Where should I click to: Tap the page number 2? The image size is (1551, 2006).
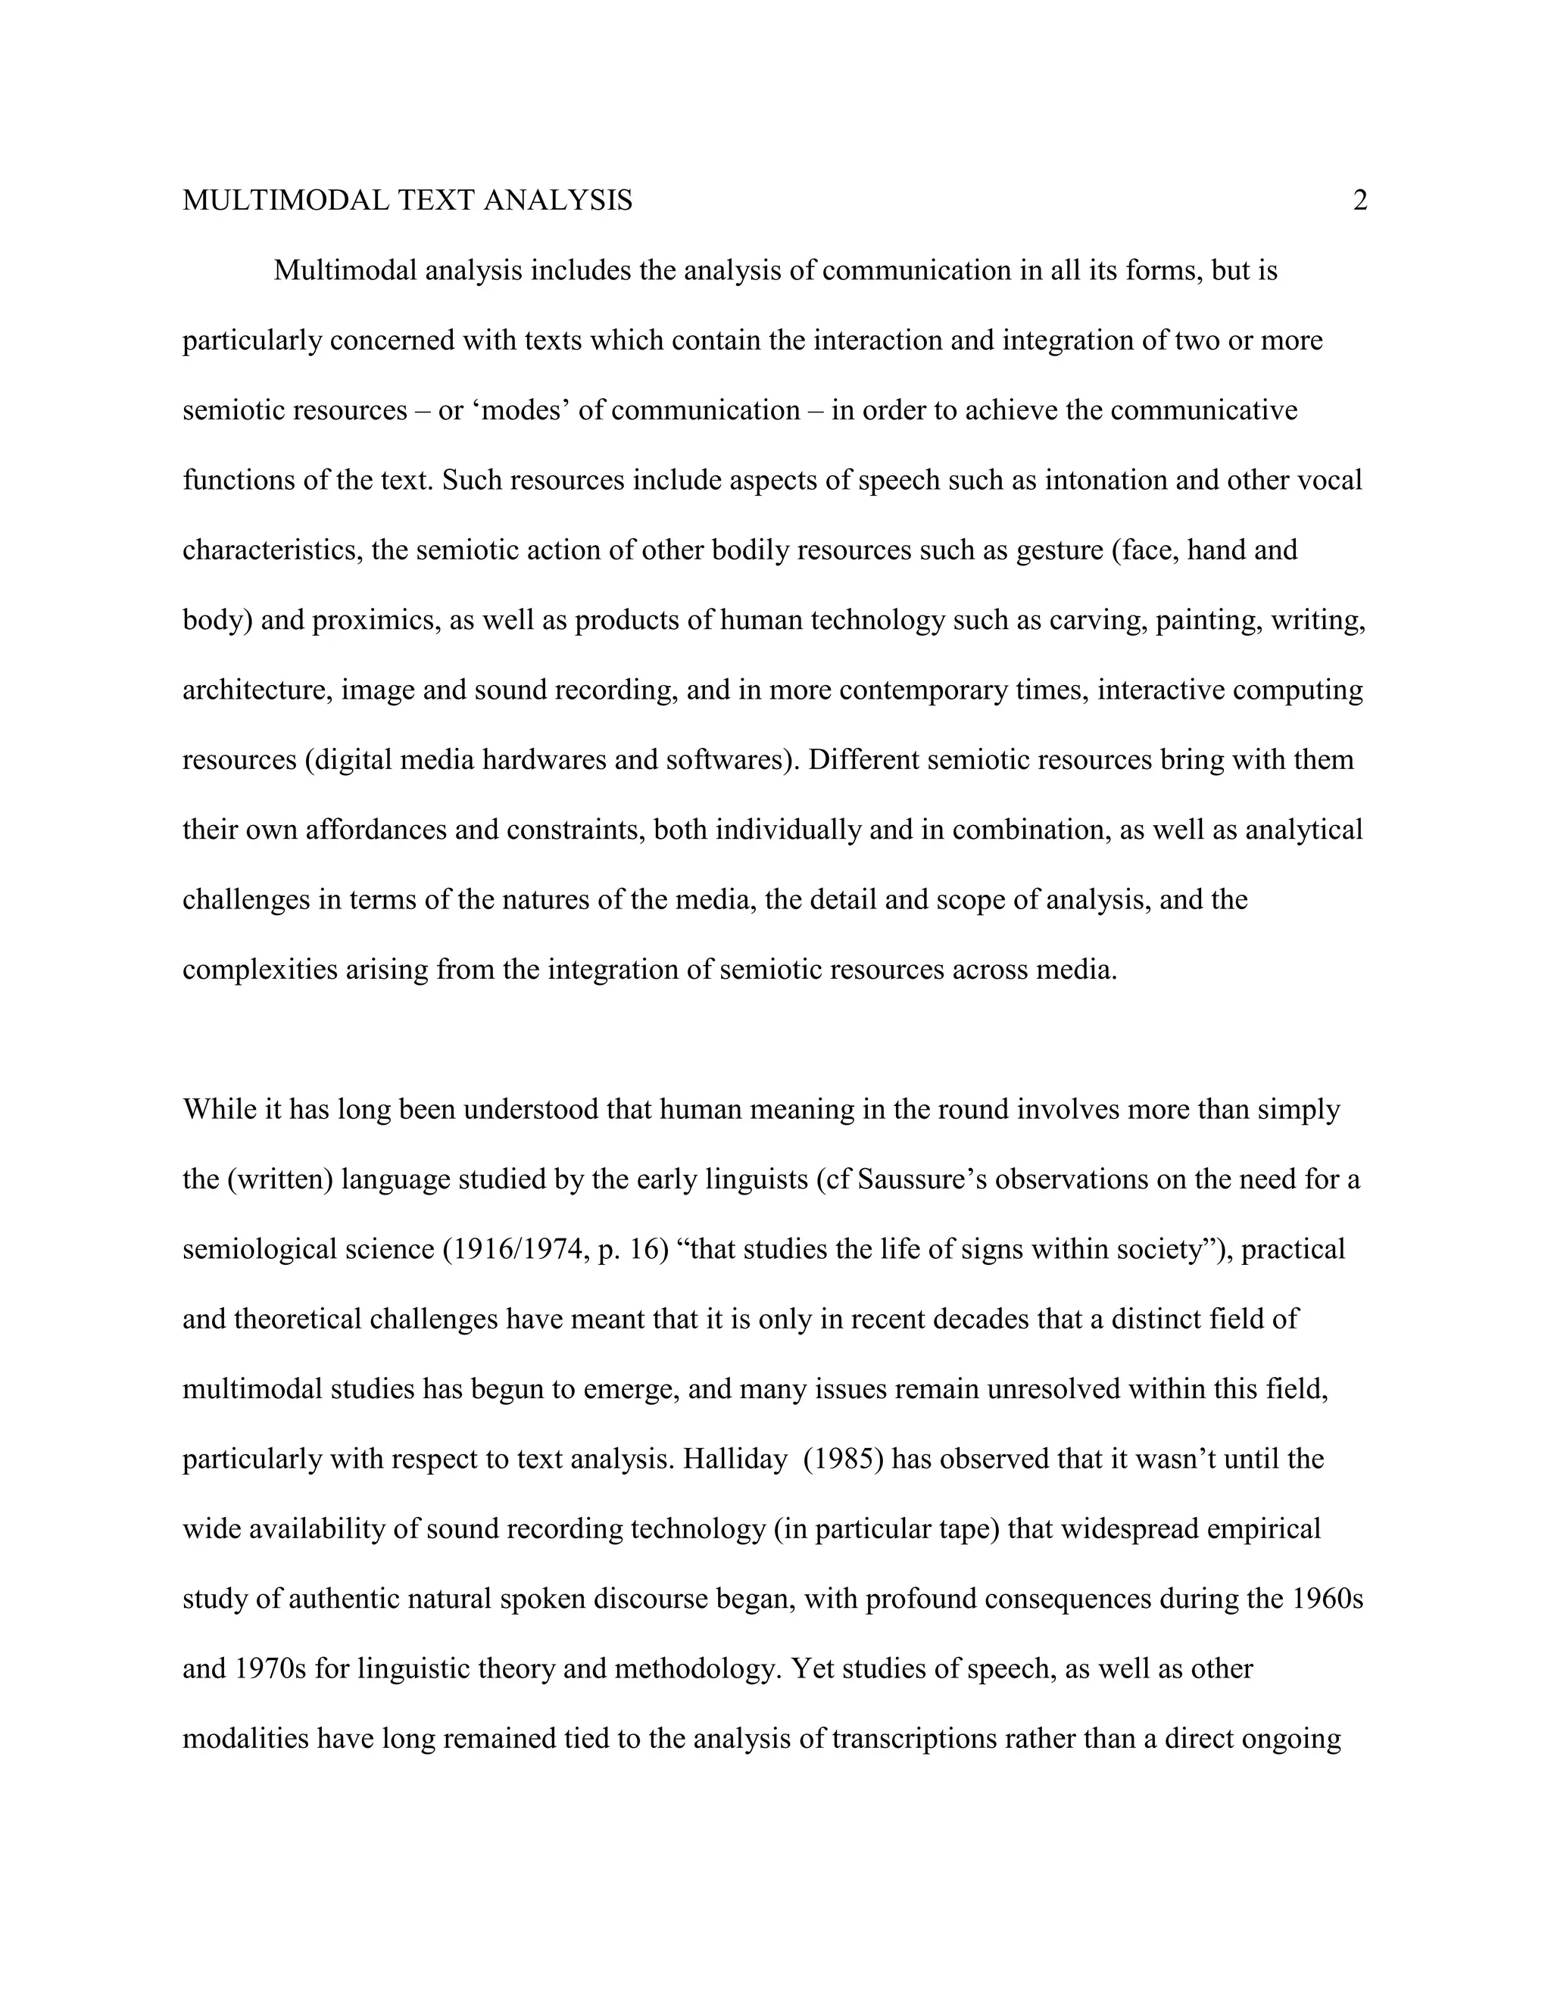pos(1360,201)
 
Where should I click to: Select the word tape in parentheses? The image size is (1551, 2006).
pos(972,1529)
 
